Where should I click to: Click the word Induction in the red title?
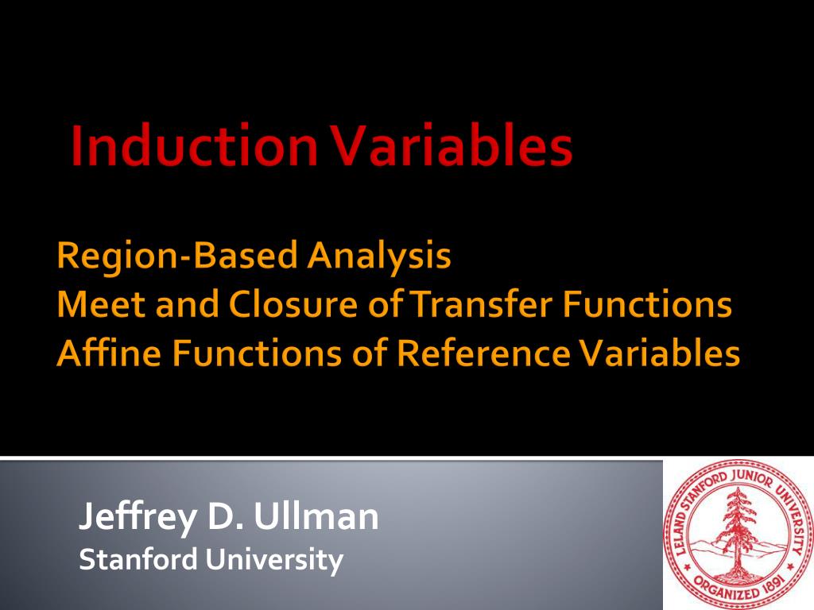194,146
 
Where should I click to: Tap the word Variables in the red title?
452,146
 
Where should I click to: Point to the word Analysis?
379,257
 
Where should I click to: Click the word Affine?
108,353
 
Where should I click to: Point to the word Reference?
483,353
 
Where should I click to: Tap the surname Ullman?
316,516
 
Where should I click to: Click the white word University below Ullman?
273,561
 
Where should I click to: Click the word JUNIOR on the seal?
752,477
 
